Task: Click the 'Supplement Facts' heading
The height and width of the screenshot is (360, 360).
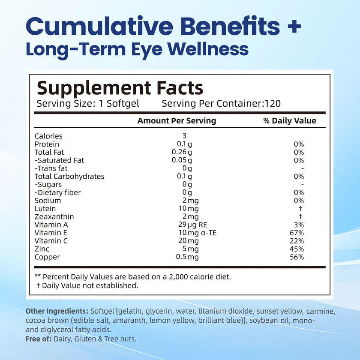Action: pyautogui.click(x=120, y=88)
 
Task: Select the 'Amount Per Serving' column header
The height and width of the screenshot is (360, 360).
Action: pyautogui.click(x=177, y=121)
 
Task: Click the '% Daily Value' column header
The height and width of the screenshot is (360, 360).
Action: pyautogui.click(x=289, y=121)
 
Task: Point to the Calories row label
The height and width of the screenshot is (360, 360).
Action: pyautogui.click(x=48, y=136)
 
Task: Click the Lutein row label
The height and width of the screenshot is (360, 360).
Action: pyautogui.click(x=45, y=209)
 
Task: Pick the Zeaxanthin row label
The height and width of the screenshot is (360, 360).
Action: pyautogui.click(x=54, y=217)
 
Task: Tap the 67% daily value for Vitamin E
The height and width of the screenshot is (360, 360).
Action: pyautogui.click(x=297, y=233)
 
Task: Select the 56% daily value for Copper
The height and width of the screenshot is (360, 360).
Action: pyautogui.click(x=297, y=257)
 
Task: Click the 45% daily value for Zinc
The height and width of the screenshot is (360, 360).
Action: pyautogui.click(x=297, y=249)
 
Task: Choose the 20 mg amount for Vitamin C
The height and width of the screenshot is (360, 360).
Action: pyautogui.click(x=189, y=241)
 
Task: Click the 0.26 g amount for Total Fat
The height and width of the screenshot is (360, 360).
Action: pyautogui.click(x=182, y=153)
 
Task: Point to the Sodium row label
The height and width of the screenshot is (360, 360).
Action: pyautogui.click(x=48, y=201)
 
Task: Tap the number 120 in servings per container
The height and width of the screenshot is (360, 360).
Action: pyautogui.click(x=273, y=104)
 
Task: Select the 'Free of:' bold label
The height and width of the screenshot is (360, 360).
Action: pyautogui.click(x=39, y=339)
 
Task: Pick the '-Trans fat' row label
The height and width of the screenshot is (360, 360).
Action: pyautogui.click(x=51, y=168)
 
